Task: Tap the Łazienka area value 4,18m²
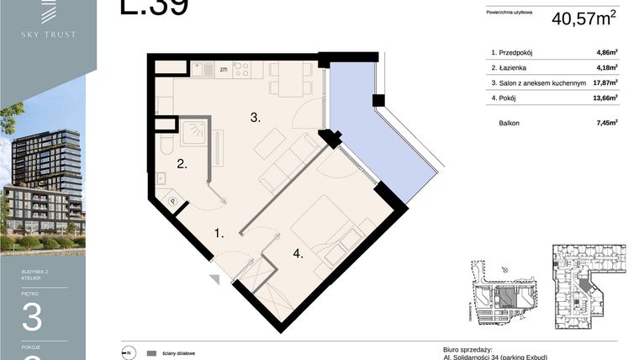(x=606, y=67)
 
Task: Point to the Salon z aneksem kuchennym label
(x=538, y=82)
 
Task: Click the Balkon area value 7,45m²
(x=606, y=123)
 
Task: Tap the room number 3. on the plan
(x=256, y=119)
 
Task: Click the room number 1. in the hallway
(x=219, y=233)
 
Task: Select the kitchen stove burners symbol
(x=242, y=70)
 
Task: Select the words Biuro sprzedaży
(x=467, y=348)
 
